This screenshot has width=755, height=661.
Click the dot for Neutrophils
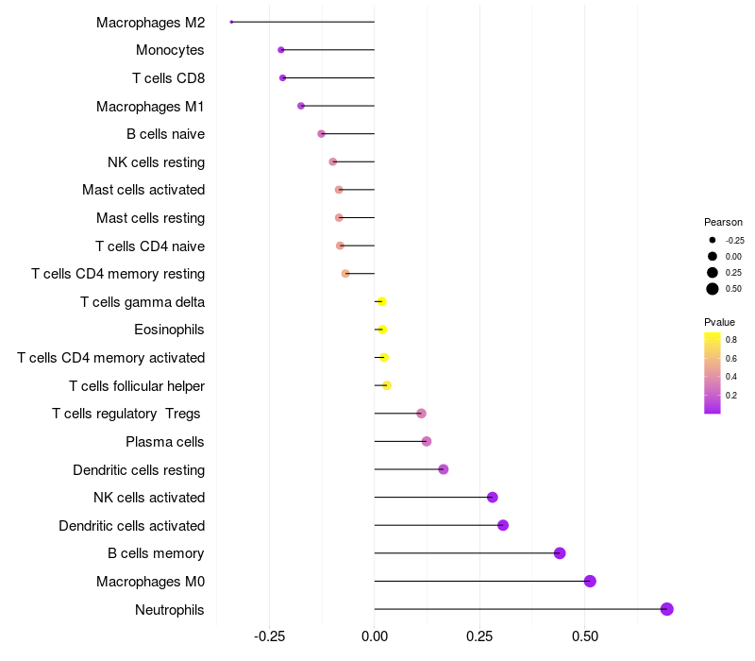pos(667,609)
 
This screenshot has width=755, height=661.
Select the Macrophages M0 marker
pos(590,581)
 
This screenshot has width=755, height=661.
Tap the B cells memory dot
pos(560,553)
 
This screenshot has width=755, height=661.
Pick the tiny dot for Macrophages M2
pos(231,22)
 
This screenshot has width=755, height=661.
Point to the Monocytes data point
pos(281,50)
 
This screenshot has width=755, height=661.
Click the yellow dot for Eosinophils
pos(382,330)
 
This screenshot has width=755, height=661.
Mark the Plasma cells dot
pos(427,441)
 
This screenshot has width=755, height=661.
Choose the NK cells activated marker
pos(492,498)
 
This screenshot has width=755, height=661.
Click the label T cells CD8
pos(168,77)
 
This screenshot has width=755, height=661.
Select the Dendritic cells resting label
pos(139,469)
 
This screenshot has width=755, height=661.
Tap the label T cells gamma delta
pos(143,302)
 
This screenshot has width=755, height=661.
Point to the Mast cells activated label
pos(143,190)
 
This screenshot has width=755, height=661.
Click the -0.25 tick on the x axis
pos(271,636)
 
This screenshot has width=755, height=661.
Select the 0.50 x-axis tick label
pos(585,636)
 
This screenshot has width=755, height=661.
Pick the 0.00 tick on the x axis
pos(375,636)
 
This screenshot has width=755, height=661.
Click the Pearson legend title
pos(723,222)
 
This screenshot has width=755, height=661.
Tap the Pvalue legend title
pos(719,322)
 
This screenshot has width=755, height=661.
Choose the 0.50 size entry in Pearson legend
pos(713,289)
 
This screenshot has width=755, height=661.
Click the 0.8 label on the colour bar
pos(731,339)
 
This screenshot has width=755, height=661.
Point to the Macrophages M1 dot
pos(301,106)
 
